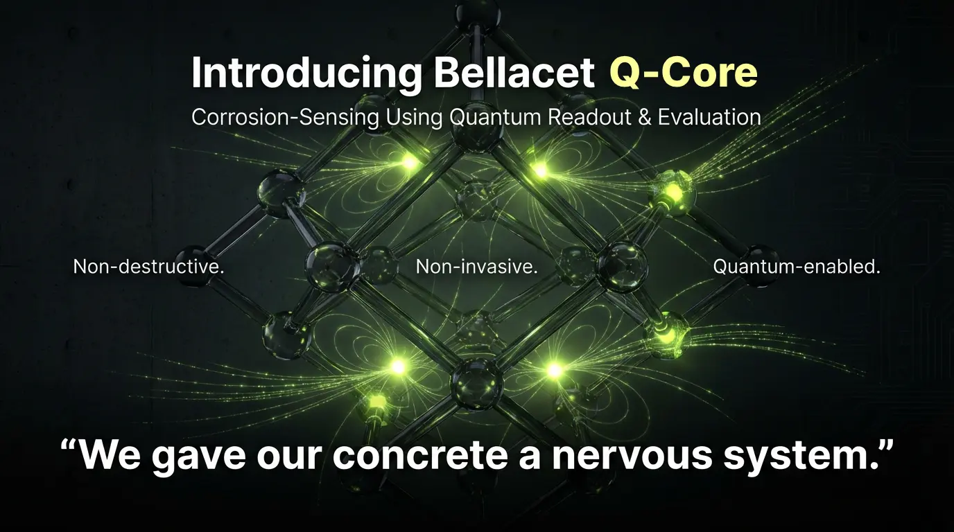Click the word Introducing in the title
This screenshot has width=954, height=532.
[x=306, y=73]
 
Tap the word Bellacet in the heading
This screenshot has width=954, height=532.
[x=514, y=72]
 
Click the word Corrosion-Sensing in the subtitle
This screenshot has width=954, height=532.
[x=285, y=117]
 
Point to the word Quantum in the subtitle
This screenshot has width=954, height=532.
[x=496, y=117]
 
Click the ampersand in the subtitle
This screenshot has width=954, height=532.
[x=645, y=118]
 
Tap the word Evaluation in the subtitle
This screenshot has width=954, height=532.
[x=709, y=117]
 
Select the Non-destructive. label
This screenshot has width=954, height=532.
[x=148, y=267]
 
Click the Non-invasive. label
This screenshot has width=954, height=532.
[x=476, y=267]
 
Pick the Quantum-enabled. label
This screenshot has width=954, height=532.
[x=797, y=267]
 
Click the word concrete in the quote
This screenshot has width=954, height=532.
[x=420, y=455]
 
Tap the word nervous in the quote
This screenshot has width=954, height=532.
[x=632, y=455]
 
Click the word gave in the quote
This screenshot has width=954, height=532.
[x=198, y=456]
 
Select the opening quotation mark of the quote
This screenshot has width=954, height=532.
[x=69, y=447]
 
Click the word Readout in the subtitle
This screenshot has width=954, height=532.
[x=589, y=117]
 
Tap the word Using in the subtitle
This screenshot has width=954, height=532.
[x=415, y=118]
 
